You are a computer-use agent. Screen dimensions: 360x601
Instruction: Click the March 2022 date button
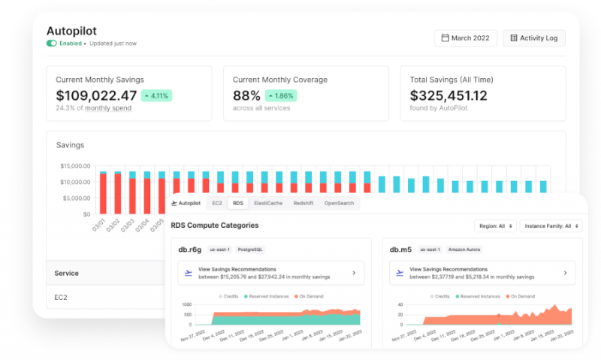click(x=465, y=38)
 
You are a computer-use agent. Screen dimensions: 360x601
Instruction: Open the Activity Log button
click(x=534, y=38)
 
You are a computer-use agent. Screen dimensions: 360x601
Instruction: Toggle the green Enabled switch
click(x=52, y=44)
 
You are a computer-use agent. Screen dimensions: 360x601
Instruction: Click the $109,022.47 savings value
click(x=96, y=95)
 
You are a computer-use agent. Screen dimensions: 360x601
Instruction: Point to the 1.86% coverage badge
click(x=280, y=96)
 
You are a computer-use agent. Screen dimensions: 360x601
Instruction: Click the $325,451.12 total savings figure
click(x=448, y=95)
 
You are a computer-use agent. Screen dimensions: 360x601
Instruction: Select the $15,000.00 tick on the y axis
click(x=75, y=166)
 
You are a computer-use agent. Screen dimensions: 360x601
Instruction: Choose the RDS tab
click(x=238, y=203)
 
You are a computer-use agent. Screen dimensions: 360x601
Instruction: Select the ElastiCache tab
click(x=267, y=203)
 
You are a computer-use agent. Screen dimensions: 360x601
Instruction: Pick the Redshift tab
click(x=303, y=203)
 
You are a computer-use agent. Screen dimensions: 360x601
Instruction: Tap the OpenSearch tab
click(x=339, y=203)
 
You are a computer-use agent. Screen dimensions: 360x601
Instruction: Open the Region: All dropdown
click(x=495, y=225)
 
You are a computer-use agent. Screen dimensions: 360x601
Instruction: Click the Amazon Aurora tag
click(x=464, y=250)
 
